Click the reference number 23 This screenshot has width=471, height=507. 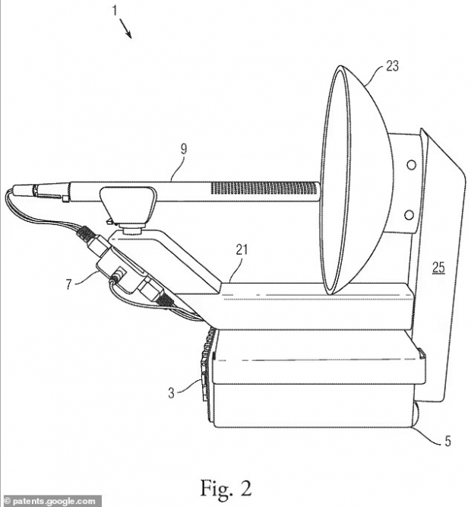pyautogui.click(x=392, y=66)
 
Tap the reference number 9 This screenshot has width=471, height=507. pyautogui.click(x=184, y=149)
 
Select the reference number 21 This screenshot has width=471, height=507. pyautogui.click(x=242, y=249)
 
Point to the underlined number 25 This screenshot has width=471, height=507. pyautogui.click(x=438, y=268)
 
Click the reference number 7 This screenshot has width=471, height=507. pyautogui.click(x=68, y=284)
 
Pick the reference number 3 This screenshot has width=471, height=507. pyautogui.click(x=171, y=393)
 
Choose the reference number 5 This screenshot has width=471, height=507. pyautogui.click(x=447, y=441)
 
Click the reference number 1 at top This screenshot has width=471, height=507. pyautogui.click(x=115, y=11)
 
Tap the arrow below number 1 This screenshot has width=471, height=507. pyautogui.click(x=125, y=28)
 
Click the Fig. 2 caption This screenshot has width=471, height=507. pyautogui.click(x=226, y=488)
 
